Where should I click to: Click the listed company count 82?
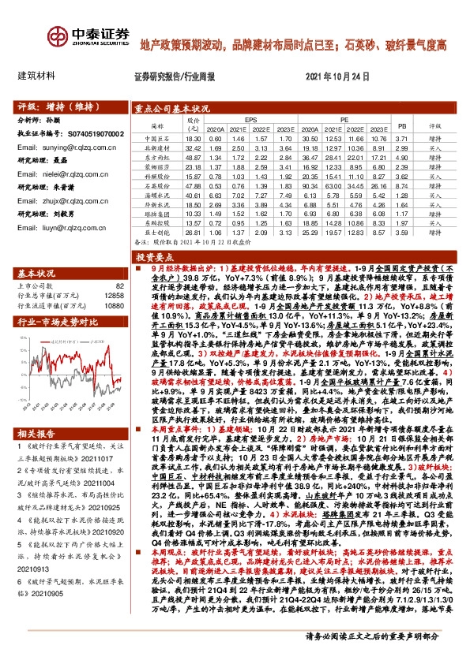(x=120, y=285)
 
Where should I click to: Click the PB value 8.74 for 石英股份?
(x=400, y=185)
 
